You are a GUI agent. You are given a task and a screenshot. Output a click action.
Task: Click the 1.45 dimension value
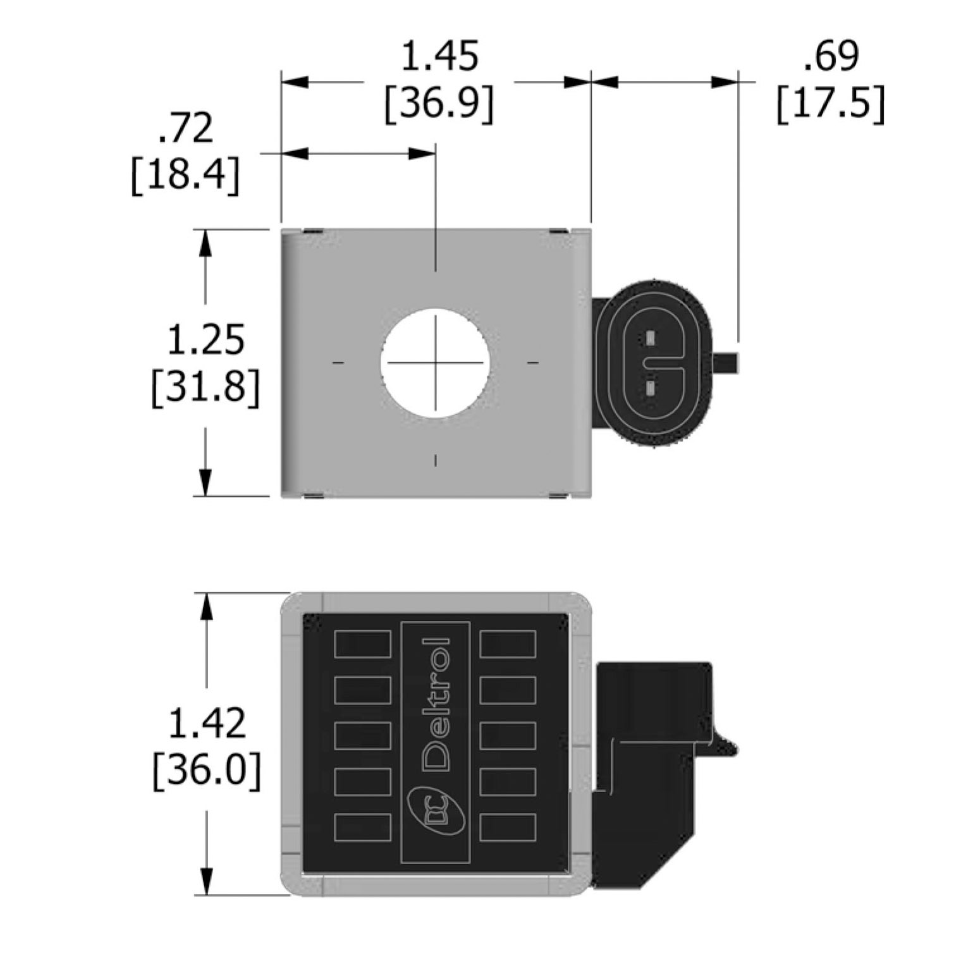click(x=439, y=58)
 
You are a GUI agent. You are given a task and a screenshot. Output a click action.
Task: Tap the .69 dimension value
click(x=831, y=56)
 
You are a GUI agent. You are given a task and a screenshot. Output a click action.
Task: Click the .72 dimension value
click(x=186, y=129)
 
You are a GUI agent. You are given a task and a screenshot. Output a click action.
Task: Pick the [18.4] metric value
click(x=186, y=175)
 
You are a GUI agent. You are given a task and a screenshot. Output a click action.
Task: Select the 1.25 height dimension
click(x=205, y=340)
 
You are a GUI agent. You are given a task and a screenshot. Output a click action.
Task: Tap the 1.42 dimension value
click(x=206, y=723)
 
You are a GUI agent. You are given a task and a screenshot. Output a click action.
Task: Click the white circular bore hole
click(x=435, y=362)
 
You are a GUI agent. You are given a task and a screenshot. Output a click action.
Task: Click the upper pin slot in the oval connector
click(x=651, y=339)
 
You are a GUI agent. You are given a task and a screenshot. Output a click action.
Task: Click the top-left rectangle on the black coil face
click(x=362, y=645)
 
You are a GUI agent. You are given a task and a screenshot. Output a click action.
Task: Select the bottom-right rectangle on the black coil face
click(x=508, y=828)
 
